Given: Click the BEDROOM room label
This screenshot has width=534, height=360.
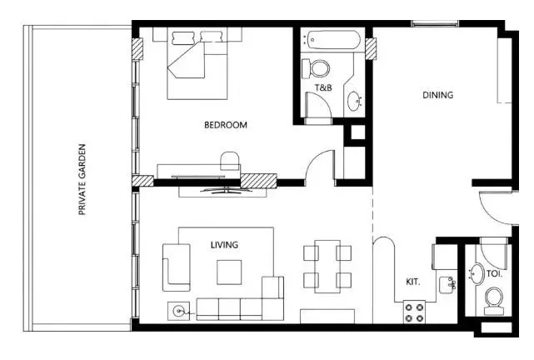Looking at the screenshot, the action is (x=226, y=125).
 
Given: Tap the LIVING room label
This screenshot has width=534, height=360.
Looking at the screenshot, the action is (x=224, y=245).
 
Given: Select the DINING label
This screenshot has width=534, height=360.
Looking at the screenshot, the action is (x=437, y=95).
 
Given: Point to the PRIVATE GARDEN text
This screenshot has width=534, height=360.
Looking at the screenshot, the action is (x=82, y=179).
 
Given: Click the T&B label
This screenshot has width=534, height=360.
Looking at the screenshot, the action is (x=323, y=87).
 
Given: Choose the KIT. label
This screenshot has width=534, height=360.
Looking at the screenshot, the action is (x=413, y=282).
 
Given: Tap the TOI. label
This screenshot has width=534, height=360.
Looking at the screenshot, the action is (x=495, y=273).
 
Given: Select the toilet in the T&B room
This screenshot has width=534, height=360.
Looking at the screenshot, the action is (x=316, y=67).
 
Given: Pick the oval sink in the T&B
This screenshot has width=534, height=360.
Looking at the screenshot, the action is (x=355, y=101).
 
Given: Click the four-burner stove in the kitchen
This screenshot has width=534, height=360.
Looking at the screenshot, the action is (x=414, y=312).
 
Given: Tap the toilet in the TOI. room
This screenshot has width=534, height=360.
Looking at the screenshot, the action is (x=494, y=301).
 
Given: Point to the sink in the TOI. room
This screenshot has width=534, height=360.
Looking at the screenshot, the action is (x=477, y=273).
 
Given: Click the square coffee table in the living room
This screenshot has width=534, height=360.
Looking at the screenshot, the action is (x=229, y=272).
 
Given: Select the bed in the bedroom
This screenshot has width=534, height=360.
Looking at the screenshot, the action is (x=197, y=63).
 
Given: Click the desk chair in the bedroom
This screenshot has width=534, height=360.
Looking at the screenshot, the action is (x=230, y=161).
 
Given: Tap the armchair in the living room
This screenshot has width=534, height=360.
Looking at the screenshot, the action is (x=176, y=267).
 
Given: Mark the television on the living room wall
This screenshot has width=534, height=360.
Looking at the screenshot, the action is (x=225, y=191).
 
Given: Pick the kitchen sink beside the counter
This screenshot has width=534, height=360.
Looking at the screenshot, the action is (x=447, y=285).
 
